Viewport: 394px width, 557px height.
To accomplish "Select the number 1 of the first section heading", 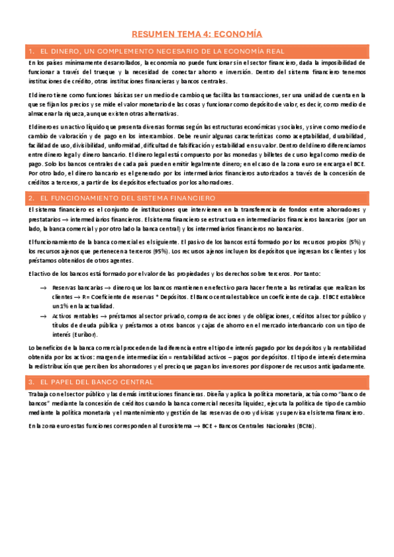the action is click(x=31, y=51).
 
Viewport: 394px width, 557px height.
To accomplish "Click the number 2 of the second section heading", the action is click(x=31, y=198).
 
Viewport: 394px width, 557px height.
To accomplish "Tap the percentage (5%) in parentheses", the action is click(x=355, y=243).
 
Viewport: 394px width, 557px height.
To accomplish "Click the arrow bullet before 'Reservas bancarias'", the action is click(x=43, y=288).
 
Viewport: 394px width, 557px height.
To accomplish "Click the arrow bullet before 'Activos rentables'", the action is click(x=43, y=316).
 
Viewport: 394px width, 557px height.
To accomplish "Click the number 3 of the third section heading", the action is click(x=31, y=382).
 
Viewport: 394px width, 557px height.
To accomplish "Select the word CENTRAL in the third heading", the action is click(x=134, y=382).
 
